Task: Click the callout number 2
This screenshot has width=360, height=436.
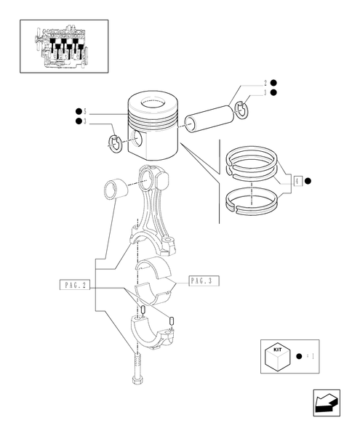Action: click(x=265, y=83)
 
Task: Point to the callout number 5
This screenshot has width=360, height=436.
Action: click(x=85, y=111)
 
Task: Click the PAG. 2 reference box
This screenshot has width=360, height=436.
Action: click(x=75, y=286)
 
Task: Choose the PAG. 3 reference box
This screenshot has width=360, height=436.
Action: click(x=204, y=280)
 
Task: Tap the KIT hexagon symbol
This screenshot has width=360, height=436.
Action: click(x=277, y=358)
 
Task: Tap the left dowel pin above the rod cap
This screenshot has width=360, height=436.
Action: click(x=143, y=310)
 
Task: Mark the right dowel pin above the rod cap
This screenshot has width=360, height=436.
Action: click(x=171, y=319)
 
